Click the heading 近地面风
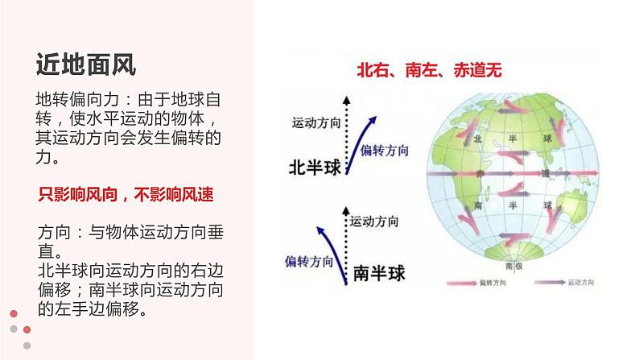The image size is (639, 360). (86, 63)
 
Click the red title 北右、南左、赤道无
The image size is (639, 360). (429, 70)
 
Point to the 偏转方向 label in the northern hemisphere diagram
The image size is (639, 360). (385, 151)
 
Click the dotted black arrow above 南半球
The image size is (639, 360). (346, 234)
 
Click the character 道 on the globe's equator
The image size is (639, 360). (545, 173)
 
